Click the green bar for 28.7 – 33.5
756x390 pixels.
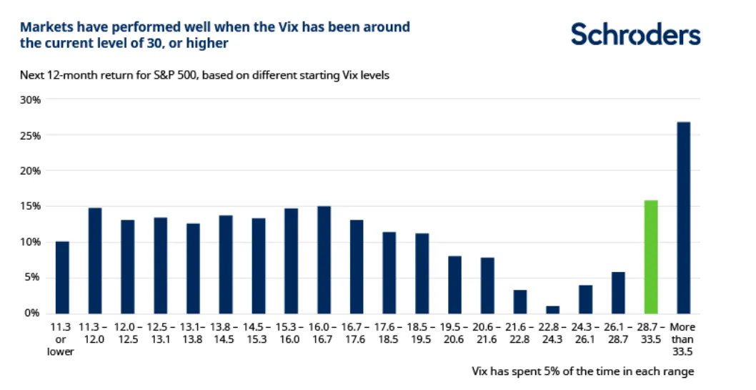(x=650, y=257)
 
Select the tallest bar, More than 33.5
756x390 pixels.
(x=683, y=218)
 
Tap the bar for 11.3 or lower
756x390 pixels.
(x=62, y=278)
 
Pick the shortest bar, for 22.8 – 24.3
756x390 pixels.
(x=552, y=310)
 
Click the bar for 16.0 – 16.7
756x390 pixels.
(x=324, y=260)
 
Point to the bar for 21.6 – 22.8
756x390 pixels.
(x=520, y=301)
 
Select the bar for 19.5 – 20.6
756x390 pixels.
(x=454, y=285)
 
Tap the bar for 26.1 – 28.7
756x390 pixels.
(x=618, y=293)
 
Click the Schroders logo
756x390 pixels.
(x=635, y=34)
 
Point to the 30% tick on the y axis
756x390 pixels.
(x=31, y=100)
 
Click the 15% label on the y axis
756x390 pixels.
(x=31, y=207)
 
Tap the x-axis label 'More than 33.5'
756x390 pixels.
(x=683, y=338)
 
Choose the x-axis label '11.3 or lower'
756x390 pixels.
(x=61, y=338)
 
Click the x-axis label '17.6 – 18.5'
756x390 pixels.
(x=389, y=333)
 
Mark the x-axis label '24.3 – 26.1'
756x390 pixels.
(x=585, y=333)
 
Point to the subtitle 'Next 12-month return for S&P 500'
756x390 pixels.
(x=107, y=74)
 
